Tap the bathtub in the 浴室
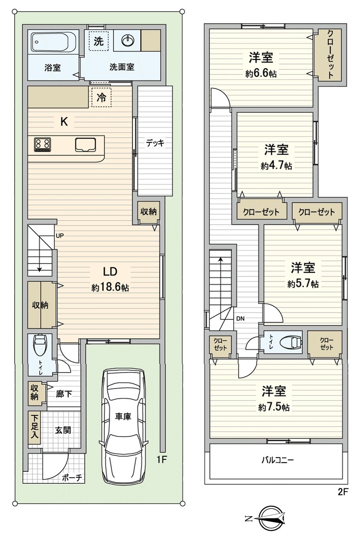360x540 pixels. click(51, 42)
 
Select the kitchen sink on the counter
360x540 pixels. click(85, 145)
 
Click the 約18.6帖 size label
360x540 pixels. click(109, 288)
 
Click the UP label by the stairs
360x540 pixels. click(60, 236)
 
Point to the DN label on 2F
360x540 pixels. click(241, 319)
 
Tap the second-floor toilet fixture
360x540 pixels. click(290, 342)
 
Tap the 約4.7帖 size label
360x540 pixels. click(277, 166)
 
